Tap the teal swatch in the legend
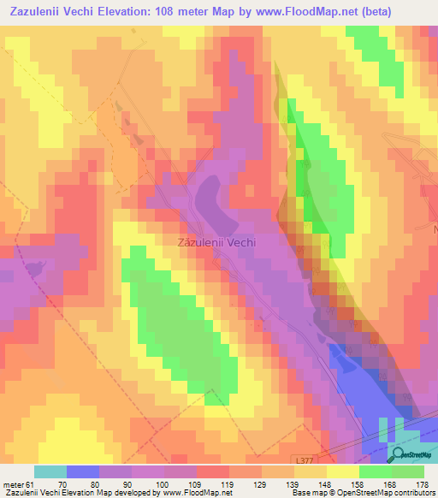tap(50, 471)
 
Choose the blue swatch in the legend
tap(83, 471)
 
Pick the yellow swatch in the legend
tap(342, 471)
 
